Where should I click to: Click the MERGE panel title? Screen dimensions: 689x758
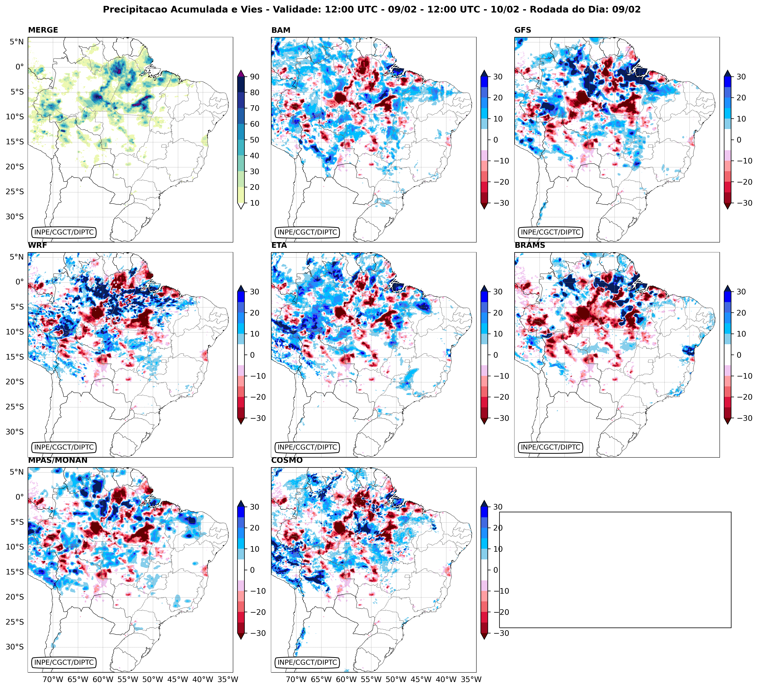[43, 30]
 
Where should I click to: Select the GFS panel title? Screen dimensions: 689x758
[523, 30]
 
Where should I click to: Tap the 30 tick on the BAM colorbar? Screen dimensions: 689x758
[497, 77]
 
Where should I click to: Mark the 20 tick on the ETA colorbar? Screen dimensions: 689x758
[497, 313]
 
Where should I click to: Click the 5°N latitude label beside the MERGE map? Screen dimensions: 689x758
[17, 42]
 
